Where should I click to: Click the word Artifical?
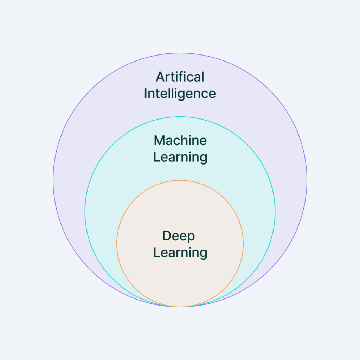tap(180, 77)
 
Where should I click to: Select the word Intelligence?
tap(180, 94)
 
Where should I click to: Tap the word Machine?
tap(180, 141)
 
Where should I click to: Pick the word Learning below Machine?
tap(180, 157)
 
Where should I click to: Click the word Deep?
tap(179, 236)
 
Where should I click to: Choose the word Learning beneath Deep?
tap(180, 253)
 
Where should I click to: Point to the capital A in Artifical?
tap(160, 77)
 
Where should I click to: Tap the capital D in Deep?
tap(167, 236)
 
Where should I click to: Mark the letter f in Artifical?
tap(186, 76)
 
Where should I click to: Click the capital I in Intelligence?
tap(146, 94)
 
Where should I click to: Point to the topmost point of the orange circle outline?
tap(180, 180)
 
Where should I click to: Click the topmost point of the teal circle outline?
tap(180, 117)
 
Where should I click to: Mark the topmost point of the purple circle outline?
tap(180, 53)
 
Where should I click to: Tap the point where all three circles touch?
tap(180, 307)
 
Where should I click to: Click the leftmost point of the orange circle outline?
tap(117, 244)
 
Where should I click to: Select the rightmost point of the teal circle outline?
tap(275, 212)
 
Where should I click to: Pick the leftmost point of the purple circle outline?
tap(53, 180)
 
